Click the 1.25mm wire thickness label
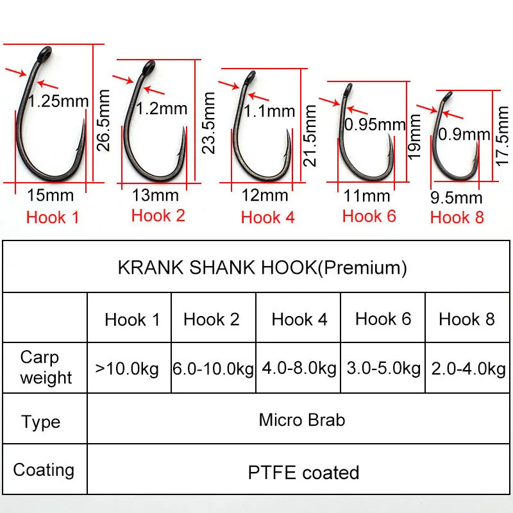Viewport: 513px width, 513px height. (59, 101)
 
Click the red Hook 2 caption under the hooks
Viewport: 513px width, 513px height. (158, 215)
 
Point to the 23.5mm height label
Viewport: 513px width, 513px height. (208, 122)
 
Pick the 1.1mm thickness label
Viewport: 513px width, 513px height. (269, 112)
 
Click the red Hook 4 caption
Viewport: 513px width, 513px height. (267, 217)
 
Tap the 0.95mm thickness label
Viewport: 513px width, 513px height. (375, 124)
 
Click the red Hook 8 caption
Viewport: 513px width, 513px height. (457, 217)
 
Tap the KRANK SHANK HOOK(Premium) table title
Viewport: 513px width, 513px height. (262, 267)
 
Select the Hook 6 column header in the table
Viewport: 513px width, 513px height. (383, 319)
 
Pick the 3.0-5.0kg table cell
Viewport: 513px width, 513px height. (383, 369)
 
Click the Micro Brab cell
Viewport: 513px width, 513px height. (301, 420)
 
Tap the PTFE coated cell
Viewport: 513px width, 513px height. (303, 473)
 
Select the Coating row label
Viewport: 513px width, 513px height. (44, 470)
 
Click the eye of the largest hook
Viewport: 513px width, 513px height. (44, 52)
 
